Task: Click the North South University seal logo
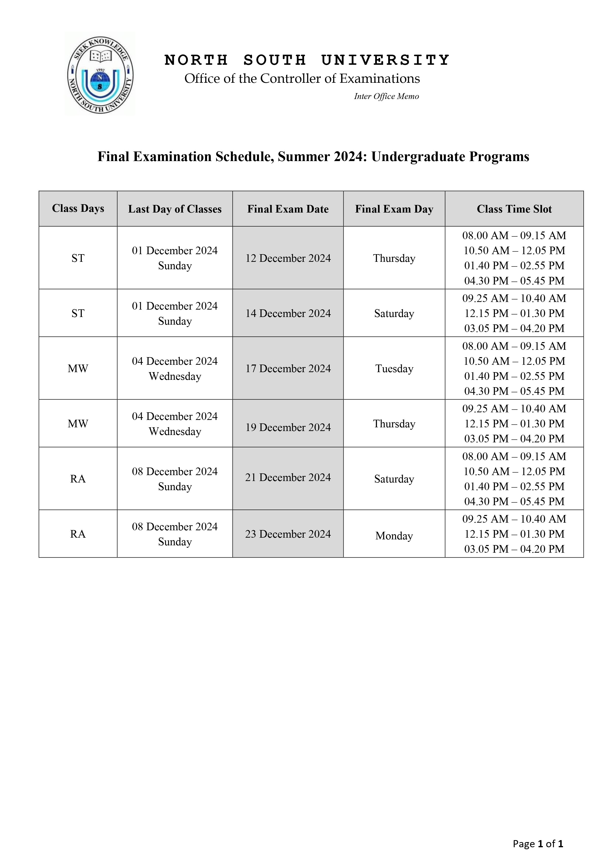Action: pyautogui.click(x=100, y=74)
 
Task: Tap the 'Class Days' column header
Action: pyautogui.click(x=78, y=208)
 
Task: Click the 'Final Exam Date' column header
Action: pyautogui.click(x=288, y=209)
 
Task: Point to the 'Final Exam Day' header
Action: pyautogui.click(x=394, y=209)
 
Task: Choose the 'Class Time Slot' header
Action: pyautogui.click(x=514, y=209)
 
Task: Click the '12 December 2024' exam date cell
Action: pyautogui.click(x=288, y=258)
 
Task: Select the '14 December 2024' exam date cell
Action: pyautogui.click(x=288, y=314)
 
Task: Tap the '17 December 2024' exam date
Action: pyautogui.click(x=288, y=368)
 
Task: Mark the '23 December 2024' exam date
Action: pyautogui.click(x=288, y=534)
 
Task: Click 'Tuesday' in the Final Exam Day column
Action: pyautogui.click(x=394, y=369)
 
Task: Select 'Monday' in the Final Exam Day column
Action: pyautogui.click(x=394, y=536)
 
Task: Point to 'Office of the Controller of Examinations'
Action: pyautogui.click(x=302, y=79)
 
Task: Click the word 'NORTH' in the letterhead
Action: pyautogui.click(x=196, y=60)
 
